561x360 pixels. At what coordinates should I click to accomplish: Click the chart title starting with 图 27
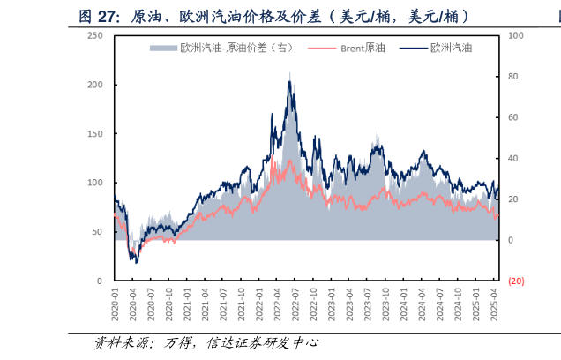point(273,16)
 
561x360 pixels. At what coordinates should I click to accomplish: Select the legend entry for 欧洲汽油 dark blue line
point(441,48)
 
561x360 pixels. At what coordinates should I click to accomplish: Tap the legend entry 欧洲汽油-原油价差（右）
point(225,48)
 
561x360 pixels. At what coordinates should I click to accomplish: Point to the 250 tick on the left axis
point(95,36)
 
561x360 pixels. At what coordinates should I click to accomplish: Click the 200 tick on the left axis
point(95,85)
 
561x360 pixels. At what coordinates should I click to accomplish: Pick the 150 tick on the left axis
point(95,134)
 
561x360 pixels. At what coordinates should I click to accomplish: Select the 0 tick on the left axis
point(100,281)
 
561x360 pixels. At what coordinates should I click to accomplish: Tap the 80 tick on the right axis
point(513,77)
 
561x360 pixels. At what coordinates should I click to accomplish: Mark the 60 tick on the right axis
point(513,117)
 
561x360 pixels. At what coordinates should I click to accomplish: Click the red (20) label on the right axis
point(516,281)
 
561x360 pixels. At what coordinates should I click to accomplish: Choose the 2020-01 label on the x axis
point(115,303)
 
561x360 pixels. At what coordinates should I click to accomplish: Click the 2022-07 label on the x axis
point(295,303)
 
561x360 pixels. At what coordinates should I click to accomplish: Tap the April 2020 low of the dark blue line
point(136,262)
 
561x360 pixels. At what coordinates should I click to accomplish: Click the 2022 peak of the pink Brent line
point(275,160)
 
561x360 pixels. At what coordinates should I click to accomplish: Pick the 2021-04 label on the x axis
point(206,303)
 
